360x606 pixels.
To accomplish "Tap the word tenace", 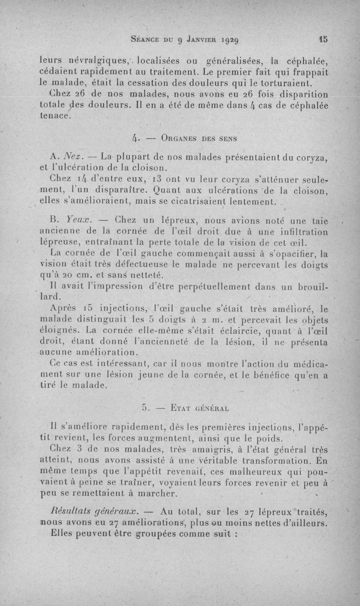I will tap(55, 116).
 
